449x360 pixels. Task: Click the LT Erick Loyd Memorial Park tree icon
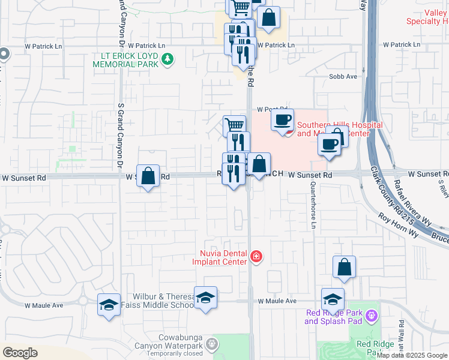(x=169, y=59)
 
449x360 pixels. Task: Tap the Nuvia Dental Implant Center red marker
(x=256, y=257)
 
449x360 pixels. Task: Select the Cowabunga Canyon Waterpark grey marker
(x=211, y=344)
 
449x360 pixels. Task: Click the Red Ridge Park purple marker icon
(x=372, y=315)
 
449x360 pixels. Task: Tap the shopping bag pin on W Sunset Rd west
(x=148, y=176)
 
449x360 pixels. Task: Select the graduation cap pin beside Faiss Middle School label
(x=205, y=297)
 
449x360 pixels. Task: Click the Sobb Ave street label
(x=343, y=77)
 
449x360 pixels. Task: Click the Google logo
(x=20, y=352)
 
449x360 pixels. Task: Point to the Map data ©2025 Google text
(x=412, y=355)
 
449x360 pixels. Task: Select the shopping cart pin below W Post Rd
(x=234, y=125)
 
